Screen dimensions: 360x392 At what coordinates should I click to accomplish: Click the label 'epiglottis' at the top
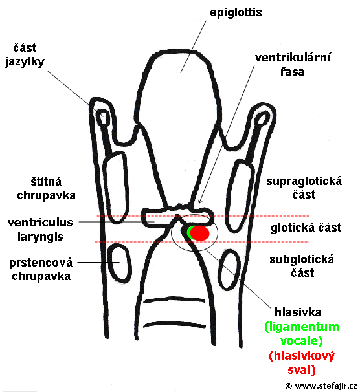click(236, 12)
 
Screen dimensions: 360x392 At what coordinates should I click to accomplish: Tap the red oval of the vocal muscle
click(199, 233)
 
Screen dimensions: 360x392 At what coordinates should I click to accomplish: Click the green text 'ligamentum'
click(302, 327)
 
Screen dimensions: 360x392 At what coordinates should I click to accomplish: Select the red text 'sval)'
click(302, 370)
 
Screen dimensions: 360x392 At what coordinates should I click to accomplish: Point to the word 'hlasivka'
click(298, 312)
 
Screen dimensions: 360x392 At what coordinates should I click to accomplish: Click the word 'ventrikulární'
click(293, 58)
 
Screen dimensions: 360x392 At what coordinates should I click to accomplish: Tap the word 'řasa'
click(292, 72)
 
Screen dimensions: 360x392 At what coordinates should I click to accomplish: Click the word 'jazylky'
click(25, 61)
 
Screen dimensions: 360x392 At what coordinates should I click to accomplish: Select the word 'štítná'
click(46, 182)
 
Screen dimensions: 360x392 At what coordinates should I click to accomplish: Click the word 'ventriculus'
click(40, 223)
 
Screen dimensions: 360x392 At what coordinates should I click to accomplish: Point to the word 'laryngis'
click(40, 237)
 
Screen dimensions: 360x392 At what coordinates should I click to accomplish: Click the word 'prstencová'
click(41, 263)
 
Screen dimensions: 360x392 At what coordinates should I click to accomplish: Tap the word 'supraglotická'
click(304, 181)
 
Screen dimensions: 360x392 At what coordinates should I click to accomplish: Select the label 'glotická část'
click(306, 228)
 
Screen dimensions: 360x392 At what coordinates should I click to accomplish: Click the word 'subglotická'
click(302, 259)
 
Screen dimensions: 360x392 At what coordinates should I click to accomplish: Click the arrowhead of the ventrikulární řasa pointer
click(199, 202)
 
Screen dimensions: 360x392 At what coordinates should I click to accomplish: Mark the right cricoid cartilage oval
click(229, 269)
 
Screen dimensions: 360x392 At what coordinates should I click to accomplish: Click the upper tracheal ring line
click(174, 299)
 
